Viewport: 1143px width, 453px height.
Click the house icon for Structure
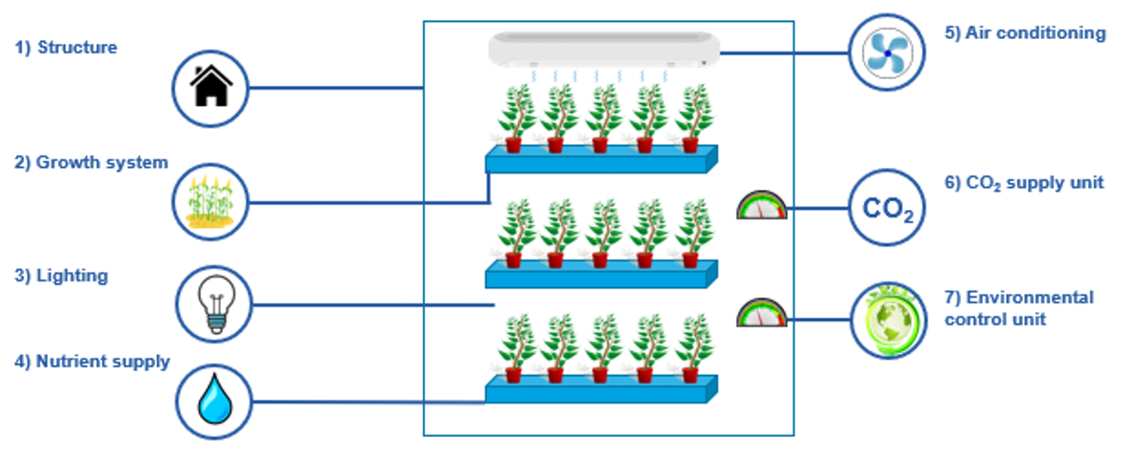point(211,89)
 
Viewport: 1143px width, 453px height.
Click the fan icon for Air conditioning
point(888,53)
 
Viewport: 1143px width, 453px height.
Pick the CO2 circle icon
point(888,208)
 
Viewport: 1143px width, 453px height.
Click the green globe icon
point(888,320)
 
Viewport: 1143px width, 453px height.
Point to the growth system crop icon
point(211,202)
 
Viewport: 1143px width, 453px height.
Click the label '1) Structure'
point(66,47)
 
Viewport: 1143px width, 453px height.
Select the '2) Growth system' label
point(90,162)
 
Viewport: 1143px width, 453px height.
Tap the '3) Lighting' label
point(61,277)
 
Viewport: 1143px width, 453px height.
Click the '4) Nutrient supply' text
point(91,361)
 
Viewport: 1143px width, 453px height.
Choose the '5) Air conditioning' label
point(1025,33)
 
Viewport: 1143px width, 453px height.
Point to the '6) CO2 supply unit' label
point(1024,183)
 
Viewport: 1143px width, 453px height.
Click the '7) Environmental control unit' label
point(1018,308)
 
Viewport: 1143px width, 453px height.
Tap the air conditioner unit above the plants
point(604,50)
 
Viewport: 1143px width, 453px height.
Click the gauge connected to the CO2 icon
point(762,205)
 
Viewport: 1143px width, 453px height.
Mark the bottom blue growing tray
point(601,389)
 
